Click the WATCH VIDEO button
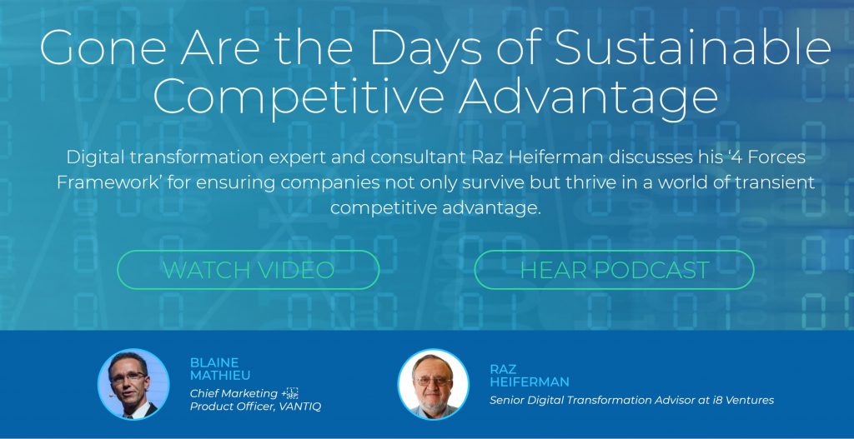tap(249, 270)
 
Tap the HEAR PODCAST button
tap(614, 270)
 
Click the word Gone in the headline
tap(103, 47)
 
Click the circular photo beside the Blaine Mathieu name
tap(133, 384)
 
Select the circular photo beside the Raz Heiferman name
tap(433, 384)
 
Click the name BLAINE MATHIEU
tap(220, 369)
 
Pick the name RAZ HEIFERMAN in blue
tap(529, 376)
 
